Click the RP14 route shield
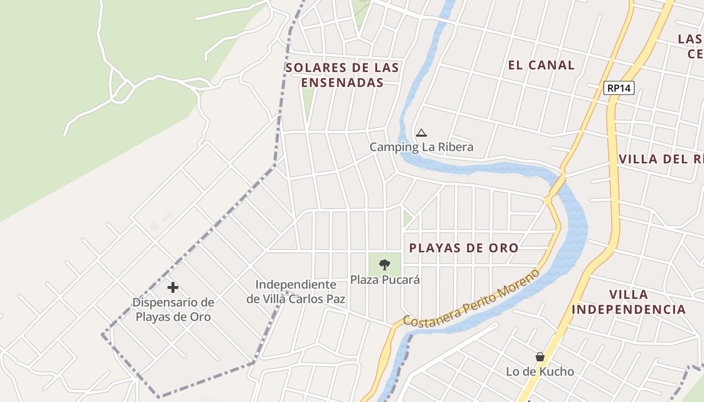coord(619,88)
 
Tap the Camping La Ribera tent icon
coord(421,133)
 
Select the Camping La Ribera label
coord(421,147)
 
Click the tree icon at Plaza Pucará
coord(385,264)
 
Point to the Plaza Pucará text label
coord(385,279)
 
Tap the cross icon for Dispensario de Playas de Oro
coord(173,287)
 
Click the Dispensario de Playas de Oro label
coord(173,310)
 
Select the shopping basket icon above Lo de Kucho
coord(540,357)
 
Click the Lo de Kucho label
coord(540,372)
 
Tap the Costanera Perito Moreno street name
coord(472,299)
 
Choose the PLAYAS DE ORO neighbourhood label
coord(463,248)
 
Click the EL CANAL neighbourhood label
coord(541,65)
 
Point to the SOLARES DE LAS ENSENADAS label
coord(342,75)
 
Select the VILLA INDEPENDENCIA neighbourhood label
coord(629,301)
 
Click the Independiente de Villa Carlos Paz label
coord(296,291)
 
